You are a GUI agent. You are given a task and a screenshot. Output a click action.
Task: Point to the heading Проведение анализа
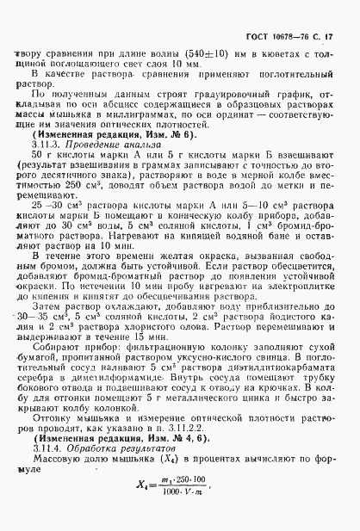tap(113, 145)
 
